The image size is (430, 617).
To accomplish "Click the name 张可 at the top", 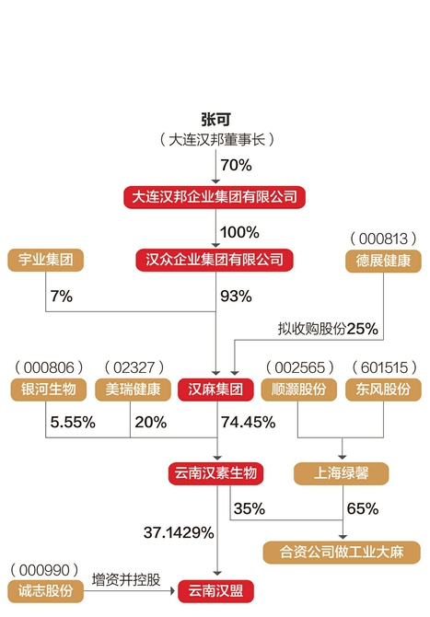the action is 215,119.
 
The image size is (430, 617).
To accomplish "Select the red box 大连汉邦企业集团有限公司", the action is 215,197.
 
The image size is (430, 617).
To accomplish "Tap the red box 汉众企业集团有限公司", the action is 215,260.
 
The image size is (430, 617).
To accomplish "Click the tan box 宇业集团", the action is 46,260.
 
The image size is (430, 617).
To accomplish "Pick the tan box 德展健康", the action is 383,261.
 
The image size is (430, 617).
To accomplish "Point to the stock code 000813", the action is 383,239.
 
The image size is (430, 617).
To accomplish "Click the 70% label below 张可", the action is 236,165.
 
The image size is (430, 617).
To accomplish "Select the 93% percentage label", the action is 236,297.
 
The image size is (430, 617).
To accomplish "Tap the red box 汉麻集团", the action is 215,390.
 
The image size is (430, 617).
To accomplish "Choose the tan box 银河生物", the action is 49,390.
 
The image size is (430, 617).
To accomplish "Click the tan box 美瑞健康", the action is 133,390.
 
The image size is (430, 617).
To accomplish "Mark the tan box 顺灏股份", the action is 299,390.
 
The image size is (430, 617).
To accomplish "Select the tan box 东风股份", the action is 383,390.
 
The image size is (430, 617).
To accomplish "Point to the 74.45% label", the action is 248,422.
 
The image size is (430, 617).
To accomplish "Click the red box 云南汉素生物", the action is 215,473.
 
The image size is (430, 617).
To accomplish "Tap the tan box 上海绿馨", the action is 341,473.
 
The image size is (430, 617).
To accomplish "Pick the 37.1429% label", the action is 179,533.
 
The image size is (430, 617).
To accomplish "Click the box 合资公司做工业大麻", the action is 342,552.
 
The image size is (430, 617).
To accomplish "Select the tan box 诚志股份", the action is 46,591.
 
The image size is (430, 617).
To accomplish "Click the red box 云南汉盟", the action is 215,591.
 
